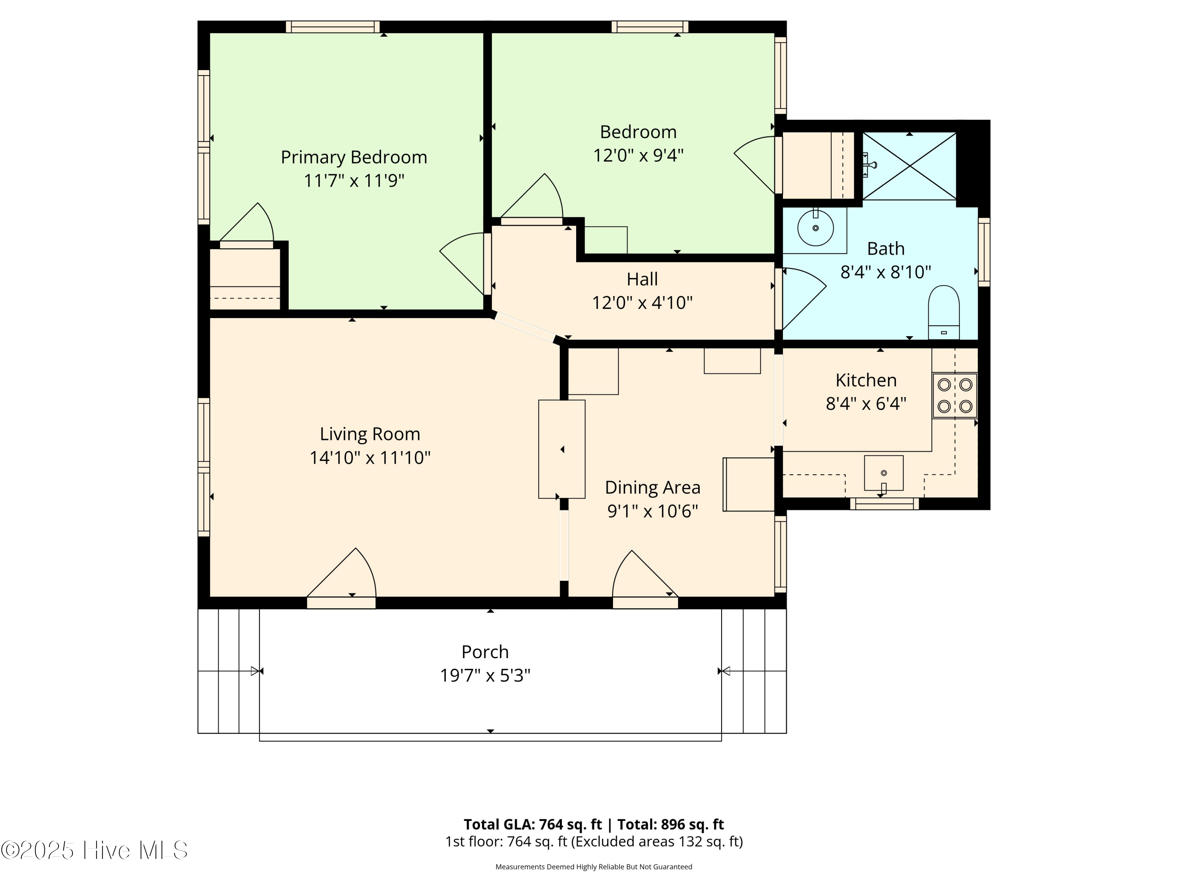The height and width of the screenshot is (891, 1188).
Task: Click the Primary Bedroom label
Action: pyautogui.click(x=354, y=157)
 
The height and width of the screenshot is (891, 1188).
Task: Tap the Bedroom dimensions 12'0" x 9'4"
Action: pyautogui.click(x=638, y=155)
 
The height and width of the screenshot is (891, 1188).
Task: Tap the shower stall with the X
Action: pyautogui.click(x=909, y=166)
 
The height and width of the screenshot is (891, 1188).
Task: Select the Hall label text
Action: pyautogui.click(x=642, y=279)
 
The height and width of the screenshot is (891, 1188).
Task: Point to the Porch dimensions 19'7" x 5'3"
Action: pyautogui.click(x=485, y=675)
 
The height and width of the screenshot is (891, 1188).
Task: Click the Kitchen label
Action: pyautogui.click(x=866, y=380)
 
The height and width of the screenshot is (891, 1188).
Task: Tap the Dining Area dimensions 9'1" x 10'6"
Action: pyautogui.click(x=653, y=511)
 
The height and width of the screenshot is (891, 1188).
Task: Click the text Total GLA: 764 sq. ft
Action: pyautogui.click(x=532, y=824)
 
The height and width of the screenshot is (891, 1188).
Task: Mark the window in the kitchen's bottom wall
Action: pyautogui.click(x=884, y=504)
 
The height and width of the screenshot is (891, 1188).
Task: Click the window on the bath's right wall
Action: pyautogui.click(x=983, y=251)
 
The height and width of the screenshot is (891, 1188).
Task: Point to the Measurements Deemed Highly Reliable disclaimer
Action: pyautogui.click(x=594, y=867)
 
